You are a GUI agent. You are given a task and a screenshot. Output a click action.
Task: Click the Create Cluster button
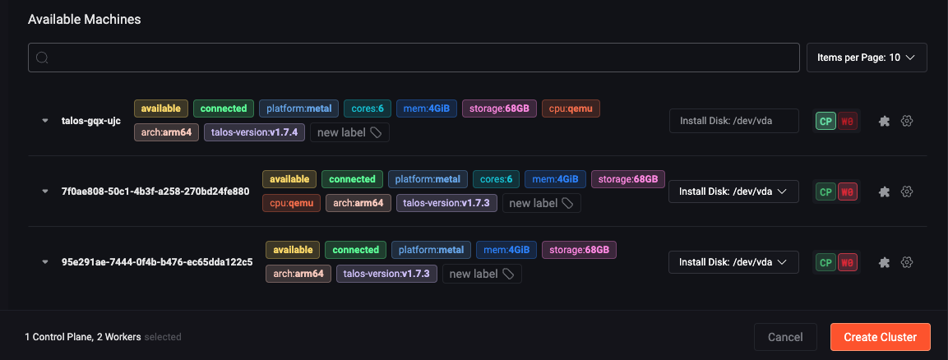pyautogui.click(x=880, y=337)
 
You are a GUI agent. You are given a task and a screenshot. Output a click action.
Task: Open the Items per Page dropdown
pyautogui.click(x=867, y=58)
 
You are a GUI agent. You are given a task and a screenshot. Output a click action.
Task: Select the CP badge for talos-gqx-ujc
pyautogui.click(x=825, y=121)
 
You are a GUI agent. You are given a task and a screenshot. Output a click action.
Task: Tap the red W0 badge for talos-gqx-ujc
pyautogui.click(x=848, y=121)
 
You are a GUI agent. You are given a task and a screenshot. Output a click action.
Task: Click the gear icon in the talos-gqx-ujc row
pyautogui.click(x=908, y=121)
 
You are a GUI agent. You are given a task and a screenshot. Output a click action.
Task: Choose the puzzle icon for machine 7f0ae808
pyautogui.click(x=885, y=192)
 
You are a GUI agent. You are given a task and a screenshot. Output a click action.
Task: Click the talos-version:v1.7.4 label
pyautogui.click(x=255, y=132)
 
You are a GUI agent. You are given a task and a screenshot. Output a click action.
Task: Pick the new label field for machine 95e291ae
pyautogui.click(x=482, y=274)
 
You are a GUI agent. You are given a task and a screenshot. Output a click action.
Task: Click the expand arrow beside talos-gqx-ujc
pyautogui.click(x=45, y=121)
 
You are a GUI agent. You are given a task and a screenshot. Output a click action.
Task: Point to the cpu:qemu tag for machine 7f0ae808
pyautogui.click(x=290, y=203)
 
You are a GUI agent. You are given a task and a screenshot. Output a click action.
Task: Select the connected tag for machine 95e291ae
pyautogui.click(x=355, y=250)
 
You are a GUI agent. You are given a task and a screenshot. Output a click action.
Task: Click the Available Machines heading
pyautogui.click(x=84, y=20)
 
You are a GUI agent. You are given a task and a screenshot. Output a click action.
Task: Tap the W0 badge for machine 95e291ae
pyautogui.click(x=848, y=262)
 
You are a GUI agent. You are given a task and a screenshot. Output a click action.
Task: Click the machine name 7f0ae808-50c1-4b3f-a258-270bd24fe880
pyautogui.click(x=155, y=192)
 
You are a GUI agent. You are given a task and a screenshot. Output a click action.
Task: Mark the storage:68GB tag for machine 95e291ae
pyautogui.click(x=579, y=250)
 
